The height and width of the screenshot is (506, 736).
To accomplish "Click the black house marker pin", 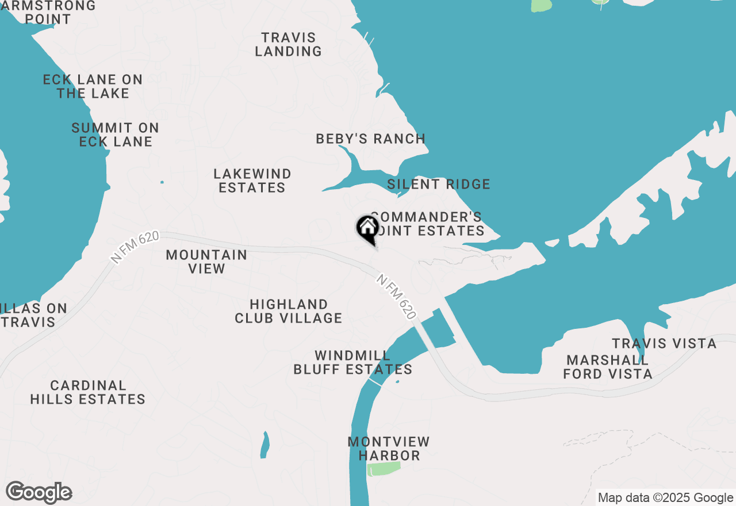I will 367,228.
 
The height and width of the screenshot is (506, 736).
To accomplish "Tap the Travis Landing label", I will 288,44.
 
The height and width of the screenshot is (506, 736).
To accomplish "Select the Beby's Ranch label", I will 371,139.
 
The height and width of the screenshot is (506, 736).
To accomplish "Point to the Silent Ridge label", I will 439,184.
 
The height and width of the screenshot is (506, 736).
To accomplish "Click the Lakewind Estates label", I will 252,181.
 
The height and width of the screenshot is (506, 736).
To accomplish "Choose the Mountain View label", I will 206,262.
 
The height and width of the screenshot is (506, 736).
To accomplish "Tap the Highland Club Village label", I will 289,311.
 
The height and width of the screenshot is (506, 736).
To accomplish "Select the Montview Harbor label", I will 389,448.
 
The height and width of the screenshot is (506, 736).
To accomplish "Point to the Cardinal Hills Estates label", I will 88,392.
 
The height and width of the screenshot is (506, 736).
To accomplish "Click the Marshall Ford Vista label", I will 608,367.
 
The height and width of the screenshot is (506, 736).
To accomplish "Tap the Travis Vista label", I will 664,344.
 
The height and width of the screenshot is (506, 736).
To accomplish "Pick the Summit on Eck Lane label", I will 116,135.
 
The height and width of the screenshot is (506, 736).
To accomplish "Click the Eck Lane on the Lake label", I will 93,86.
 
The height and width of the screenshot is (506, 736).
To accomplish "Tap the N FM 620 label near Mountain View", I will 135,248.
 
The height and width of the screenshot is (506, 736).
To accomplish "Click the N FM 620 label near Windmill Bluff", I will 396,297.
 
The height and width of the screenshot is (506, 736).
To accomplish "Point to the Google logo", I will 39,493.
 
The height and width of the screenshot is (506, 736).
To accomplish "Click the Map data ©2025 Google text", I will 665,498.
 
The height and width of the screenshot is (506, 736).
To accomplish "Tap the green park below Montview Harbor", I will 384,469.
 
